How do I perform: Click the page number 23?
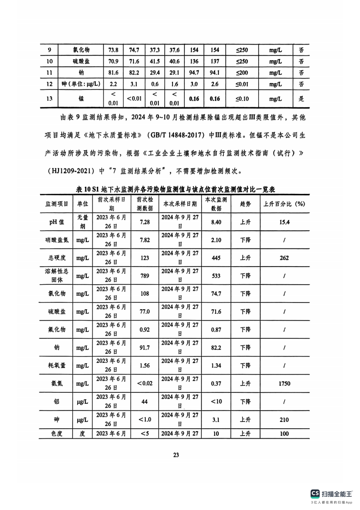pyautogui.click(x=176, y=455)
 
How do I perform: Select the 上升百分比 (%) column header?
pyautogui.click(x=284, y=204)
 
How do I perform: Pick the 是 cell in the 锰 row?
pyautogui.click(x=301, y=98)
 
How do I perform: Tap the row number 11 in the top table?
pyautogui.click(x=49, y=72)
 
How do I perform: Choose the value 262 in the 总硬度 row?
pyautogui.click(x=284, y=258)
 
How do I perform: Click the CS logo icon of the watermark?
pyautogui.click(x=315, y=494)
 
